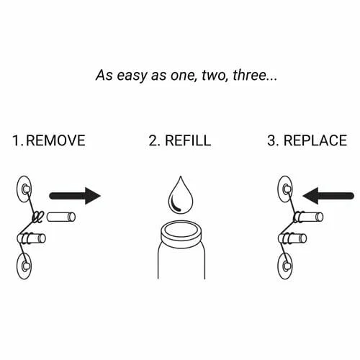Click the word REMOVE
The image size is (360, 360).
55,140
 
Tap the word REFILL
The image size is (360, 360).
188,140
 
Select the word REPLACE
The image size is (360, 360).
315,140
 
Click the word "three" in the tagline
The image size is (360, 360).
249,75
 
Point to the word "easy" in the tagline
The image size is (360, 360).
132,76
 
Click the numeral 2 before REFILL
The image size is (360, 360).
153,140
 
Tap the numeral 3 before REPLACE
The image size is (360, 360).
271,140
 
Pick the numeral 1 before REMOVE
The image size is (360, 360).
16,140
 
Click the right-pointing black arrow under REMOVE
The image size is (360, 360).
75,196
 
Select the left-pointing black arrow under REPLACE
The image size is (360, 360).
328,196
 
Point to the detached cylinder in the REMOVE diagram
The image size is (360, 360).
61,217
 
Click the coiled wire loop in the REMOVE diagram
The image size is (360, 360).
37,217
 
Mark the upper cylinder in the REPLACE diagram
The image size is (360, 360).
308,217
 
